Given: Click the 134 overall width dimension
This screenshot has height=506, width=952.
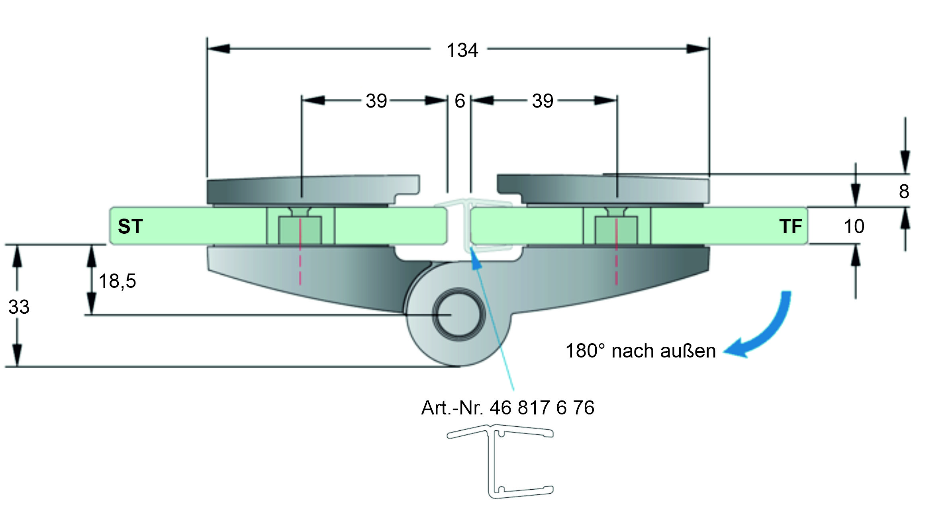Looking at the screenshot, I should [x=462, y=51].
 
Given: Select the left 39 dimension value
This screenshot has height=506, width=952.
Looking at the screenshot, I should [x=376, y=101].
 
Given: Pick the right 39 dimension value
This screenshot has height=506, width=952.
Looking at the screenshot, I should [x=543, y=101].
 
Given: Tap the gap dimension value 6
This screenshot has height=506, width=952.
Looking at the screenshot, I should [x=460, y=101].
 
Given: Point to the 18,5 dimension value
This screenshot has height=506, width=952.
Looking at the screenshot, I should [x=117, y=281].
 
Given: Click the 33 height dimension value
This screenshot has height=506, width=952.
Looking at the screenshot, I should [x=19, y=307].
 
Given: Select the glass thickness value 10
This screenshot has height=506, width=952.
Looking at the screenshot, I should [x=854, y=227].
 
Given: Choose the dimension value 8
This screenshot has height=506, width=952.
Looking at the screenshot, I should [x=904, y=191].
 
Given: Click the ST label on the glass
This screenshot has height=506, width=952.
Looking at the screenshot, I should [x=130, y=227].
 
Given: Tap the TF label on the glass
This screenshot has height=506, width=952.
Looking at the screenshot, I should [x=791, y=227].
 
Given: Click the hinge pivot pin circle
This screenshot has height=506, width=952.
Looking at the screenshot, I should [x=458, y=315].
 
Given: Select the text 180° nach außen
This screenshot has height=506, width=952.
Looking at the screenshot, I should [x=641, y=351].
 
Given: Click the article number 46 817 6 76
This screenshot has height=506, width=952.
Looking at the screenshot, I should [x=542, y=408].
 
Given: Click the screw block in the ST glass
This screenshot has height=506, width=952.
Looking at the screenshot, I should [x=300, y=230].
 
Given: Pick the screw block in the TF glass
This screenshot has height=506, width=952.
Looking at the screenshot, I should [x=616, y=230].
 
